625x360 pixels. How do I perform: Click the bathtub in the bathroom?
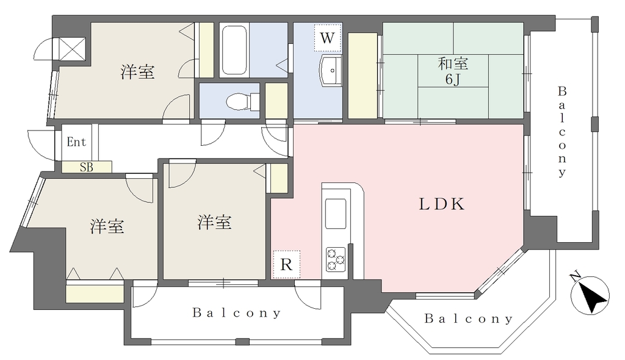234,50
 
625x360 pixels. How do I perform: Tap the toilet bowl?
237,101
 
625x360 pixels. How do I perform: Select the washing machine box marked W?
327,38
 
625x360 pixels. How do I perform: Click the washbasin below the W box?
330,71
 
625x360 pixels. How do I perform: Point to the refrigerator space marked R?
286,265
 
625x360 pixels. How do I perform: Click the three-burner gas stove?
335,259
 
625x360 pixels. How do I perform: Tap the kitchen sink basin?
335,214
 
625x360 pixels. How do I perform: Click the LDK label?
441,204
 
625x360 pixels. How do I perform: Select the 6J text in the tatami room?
452,80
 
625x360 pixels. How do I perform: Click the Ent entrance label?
76,142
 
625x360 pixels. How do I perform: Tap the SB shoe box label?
87,167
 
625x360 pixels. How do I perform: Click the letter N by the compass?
575,276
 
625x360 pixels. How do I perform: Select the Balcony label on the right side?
562,132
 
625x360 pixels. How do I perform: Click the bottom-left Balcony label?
237,313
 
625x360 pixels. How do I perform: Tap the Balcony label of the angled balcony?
469,319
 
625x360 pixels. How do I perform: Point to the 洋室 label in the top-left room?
138,72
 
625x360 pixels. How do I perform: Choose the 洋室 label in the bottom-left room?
107,226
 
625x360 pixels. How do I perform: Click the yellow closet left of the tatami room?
363,76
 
